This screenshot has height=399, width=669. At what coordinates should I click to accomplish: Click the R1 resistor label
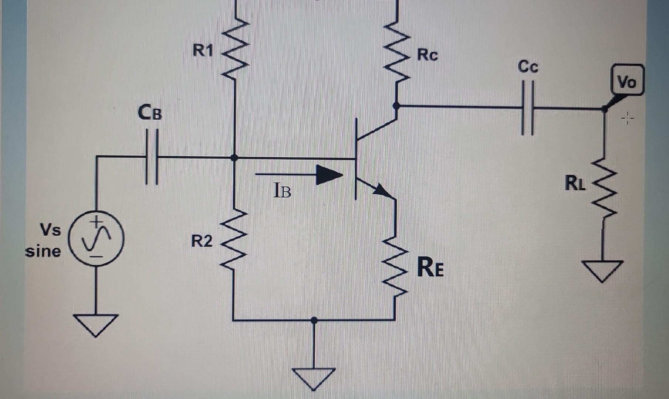click(203, 50)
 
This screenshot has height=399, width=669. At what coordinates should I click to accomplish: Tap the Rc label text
click(427, 55)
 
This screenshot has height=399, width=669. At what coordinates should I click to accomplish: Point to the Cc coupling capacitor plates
click(527, 108)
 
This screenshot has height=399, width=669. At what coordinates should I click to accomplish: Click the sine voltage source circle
click(97, 238)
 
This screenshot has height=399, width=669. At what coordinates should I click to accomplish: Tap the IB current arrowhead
click(329, 174)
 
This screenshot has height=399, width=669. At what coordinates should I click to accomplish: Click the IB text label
click(282, 191)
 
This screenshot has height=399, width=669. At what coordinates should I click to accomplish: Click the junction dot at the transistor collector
click(396, 106)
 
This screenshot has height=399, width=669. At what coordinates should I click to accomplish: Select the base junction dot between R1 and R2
click(234, 158)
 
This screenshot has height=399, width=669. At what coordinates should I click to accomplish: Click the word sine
click(43, 252)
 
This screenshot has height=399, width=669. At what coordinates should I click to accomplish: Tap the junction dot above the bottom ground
click(314, 320)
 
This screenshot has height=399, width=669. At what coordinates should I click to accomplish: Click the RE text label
click(430, 267)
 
